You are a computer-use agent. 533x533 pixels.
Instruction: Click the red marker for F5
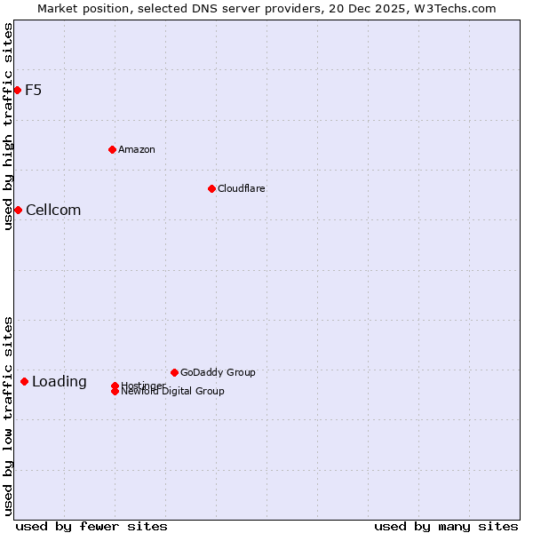pyautogui.click(x=17, y=90)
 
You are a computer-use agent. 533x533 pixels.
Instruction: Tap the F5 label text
pyautogui.click(x=33, y=90)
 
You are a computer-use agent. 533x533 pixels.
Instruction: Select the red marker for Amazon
pyautogui.click(x=112, y=149)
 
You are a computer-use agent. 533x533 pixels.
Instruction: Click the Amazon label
pyautogui.click(x=136, y=149)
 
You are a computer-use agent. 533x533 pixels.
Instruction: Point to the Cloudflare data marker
pyautogui.click(x=211, y=188)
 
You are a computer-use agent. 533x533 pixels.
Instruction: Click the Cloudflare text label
pyautogui.click(x=241, y=188)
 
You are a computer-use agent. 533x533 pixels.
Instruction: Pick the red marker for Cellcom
pyautogui.click(x=18, y=210)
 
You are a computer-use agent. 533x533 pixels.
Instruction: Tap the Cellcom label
pyautogui.click(x=53, y=211)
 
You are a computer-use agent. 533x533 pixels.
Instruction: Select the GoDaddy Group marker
pyautogui.click(x=174, y=372)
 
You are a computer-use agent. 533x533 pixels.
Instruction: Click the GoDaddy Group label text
pyautogui.click(x=218, y=372)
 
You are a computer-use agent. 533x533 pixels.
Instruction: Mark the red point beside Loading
pyautogui.click(x=24, y=381)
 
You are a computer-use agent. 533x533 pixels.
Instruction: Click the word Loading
pyautogui.click(x=60, y=382)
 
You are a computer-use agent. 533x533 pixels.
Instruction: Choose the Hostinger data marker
pyautogui.click(x=115, y=386)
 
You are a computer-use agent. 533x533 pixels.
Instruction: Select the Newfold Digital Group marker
pyautogui.click(x=115, y=392)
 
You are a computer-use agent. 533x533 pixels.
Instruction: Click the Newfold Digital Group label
pyautogui.click(x=173, y=392)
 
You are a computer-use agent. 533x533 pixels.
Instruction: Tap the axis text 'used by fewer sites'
pyautogui.click(x=91, y=526)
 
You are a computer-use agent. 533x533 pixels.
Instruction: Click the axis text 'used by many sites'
pyautogui.click(x=446, y=526)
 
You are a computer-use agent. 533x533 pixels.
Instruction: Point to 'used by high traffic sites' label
pyautogui.click(x=8, y=127)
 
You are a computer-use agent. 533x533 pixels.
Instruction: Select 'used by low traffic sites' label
pyautogui.click(x=8, y=416)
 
